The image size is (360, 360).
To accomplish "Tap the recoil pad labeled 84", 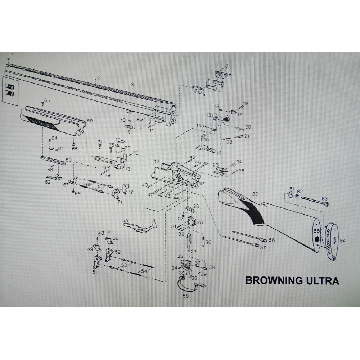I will point(334,240).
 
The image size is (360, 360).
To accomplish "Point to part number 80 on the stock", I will point(255,194).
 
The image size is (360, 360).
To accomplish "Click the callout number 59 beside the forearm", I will point(90,121).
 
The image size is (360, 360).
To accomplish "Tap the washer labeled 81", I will point(291,195).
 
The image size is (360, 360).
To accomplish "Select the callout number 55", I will point(125,220).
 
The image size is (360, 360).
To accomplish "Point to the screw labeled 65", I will point(43,103).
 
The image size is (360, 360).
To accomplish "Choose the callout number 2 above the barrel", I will point(99,78).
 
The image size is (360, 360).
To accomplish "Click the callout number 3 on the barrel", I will point(132,84).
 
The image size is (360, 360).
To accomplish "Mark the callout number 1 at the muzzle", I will point(12,54).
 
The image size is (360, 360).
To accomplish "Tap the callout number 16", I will point(219,153).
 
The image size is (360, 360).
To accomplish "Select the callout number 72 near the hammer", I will point(130,192).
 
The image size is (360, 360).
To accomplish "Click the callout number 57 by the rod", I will point(273,248).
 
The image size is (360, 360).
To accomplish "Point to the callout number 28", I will point(200,222).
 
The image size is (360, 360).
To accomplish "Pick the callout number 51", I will point(95,273).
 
